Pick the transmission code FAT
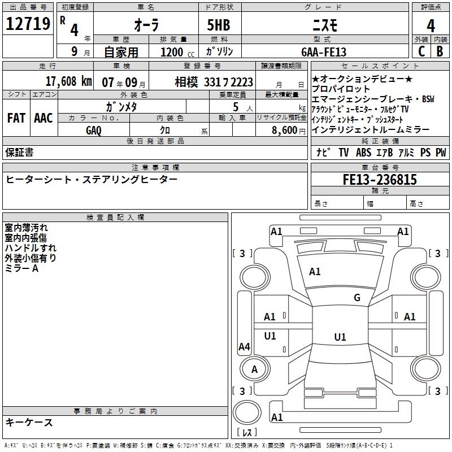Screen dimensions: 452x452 (16, 118)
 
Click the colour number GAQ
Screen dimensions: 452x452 (94, 130)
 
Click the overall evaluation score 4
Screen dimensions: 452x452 (431, 26)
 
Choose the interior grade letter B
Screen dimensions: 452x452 (440, 51)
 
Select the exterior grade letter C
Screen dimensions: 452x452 (421, 51)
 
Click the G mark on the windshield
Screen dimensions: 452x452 (357, 298)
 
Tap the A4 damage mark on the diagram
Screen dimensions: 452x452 (244, 347)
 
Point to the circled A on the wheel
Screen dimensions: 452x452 (254, 370)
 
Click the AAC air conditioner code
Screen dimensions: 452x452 (43, 118)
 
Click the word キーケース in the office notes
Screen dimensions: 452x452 (29, 422)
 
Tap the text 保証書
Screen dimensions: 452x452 (19, 152)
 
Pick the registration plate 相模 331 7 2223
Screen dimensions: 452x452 (214, 82)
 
